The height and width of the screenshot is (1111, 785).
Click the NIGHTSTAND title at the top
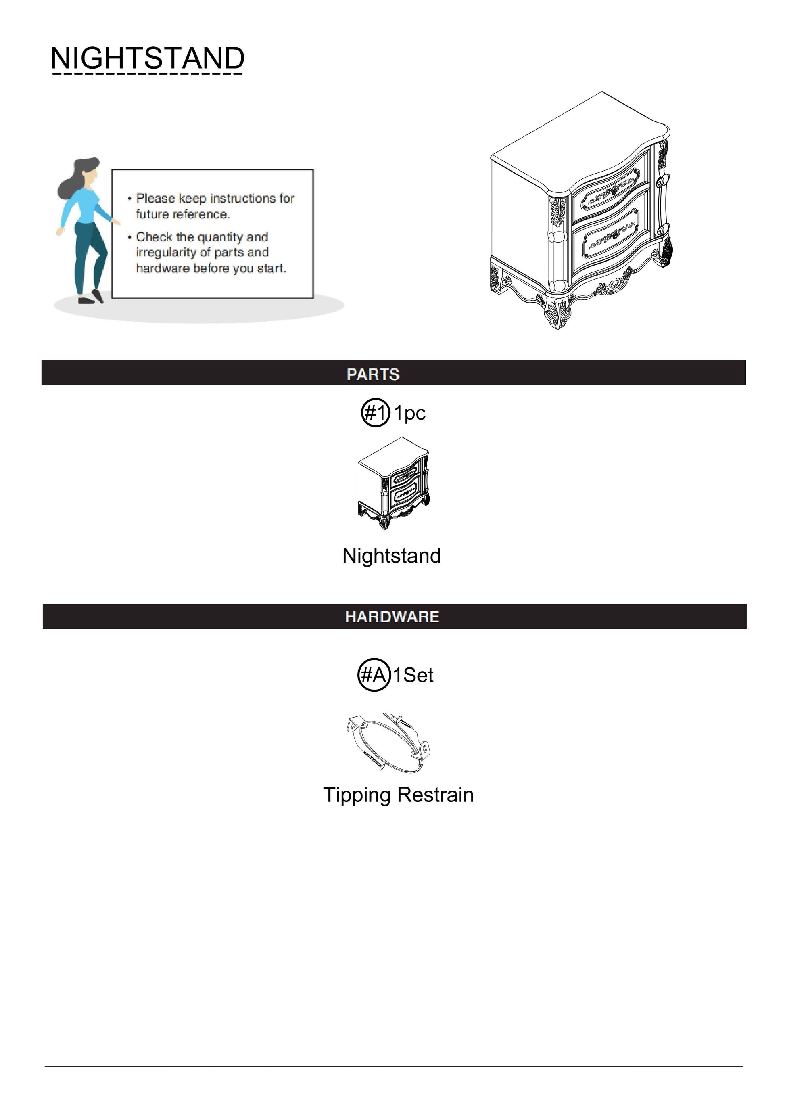148,58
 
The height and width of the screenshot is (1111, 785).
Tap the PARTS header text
373,375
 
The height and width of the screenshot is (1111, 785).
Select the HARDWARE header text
392,617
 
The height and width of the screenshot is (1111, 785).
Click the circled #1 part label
375,413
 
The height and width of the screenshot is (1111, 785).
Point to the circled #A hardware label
374,674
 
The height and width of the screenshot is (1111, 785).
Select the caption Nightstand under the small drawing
391,555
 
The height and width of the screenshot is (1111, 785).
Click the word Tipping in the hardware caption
357,795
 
